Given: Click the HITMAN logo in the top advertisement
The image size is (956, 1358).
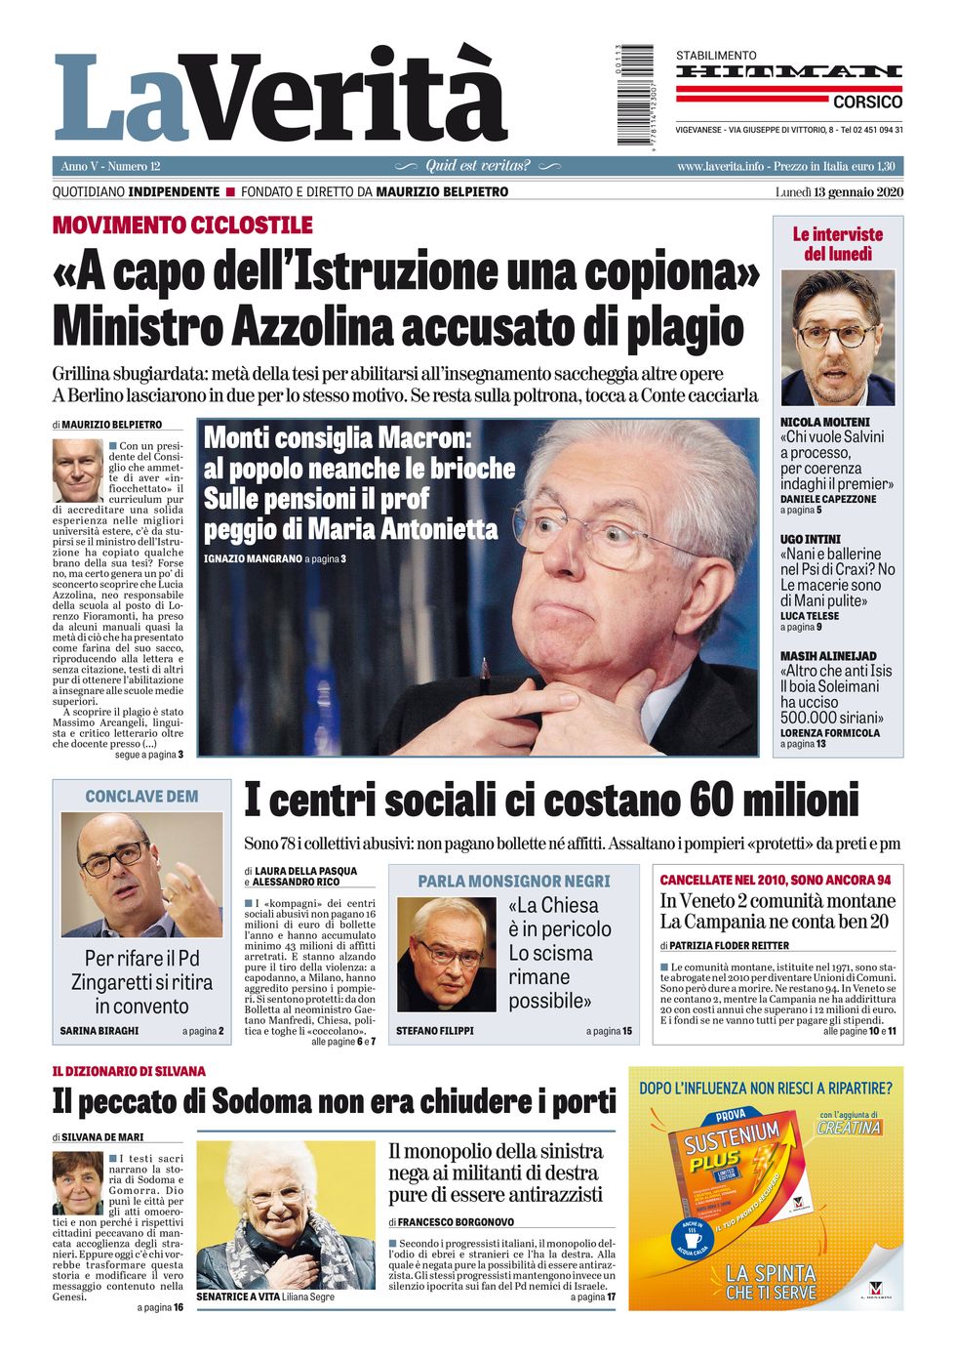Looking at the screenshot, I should pos(788,71).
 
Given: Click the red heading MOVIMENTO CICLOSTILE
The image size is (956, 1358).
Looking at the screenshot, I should pos(182,226).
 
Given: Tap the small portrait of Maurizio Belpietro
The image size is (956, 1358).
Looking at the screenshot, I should pos(76,470).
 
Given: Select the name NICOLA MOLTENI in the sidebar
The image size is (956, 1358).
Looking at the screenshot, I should pos(824,422).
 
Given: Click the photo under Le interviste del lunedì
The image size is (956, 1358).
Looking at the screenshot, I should pos(837,338).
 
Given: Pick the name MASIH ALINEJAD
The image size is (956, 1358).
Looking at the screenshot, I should pos(828,656).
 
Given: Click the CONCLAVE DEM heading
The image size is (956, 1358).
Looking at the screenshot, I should pos(141,797).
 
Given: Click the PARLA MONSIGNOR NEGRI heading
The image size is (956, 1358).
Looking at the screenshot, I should pos(513,881).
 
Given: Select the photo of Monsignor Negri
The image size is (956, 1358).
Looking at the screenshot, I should pos(447,955).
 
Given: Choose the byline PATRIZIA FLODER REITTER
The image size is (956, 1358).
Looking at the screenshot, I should pos(729,945).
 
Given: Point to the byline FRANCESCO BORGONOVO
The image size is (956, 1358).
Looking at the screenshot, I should pos(456,1221).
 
